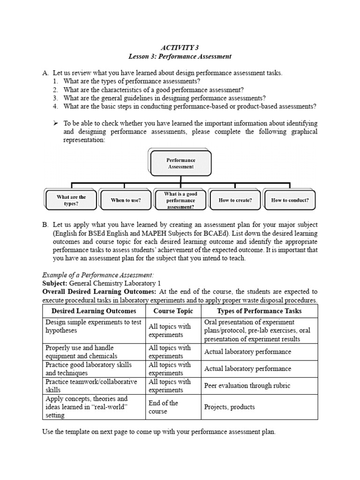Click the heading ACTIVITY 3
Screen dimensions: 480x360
point(180,47)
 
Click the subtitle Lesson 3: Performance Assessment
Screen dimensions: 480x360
point(180,56)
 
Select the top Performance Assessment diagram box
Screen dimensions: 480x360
point(180,163)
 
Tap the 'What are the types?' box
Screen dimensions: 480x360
point(71,200)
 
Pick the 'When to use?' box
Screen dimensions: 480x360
point(126,200)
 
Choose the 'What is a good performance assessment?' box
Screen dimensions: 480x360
point(180,200)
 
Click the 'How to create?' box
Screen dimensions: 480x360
point(235,200)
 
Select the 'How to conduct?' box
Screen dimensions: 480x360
point(290,200)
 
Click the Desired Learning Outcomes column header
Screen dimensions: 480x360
point(94,311)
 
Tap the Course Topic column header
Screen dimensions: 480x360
point(173,311)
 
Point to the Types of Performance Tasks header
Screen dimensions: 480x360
point(259,311)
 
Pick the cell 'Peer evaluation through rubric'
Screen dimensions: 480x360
point(247,386)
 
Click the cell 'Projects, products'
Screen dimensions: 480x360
point(229,407)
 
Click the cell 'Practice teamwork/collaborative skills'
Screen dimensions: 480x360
point(91,386)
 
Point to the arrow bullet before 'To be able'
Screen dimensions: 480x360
point(55,123)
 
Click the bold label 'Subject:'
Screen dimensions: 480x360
point(55,284)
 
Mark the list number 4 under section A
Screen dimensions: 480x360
point(55,106)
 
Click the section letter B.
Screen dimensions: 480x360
point(45,225)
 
